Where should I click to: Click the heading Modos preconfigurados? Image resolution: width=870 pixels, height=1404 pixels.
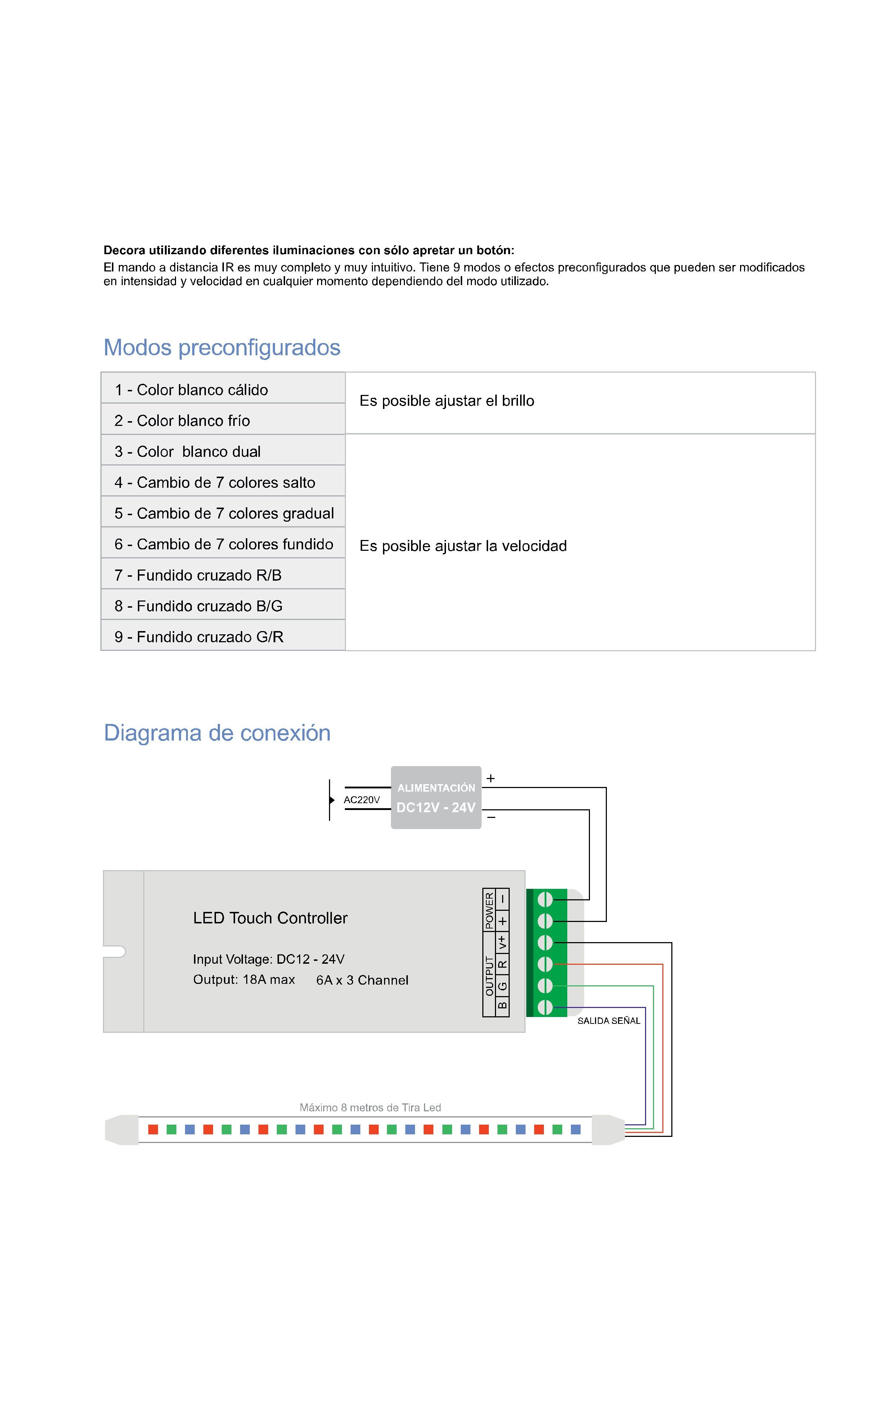(222, 347)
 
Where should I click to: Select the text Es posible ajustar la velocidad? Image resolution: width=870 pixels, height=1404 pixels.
(463, 546)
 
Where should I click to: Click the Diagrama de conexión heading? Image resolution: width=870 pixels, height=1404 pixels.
(217, 733)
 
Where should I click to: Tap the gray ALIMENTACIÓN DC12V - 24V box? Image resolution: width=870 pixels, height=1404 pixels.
(436, 797)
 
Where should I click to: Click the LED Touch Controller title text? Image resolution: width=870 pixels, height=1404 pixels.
(270, 918)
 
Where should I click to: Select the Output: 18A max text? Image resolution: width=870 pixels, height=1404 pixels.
(244, 979)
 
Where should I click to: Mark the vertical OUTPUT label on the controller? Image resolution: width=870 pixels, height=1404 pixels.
(489, 976)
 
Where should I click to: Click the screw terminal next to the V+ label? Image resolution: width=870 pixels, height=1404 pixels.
(545, 942)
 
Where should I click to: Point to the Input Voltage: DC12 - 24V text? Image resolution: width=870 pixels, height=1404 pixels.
(269, 959)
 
